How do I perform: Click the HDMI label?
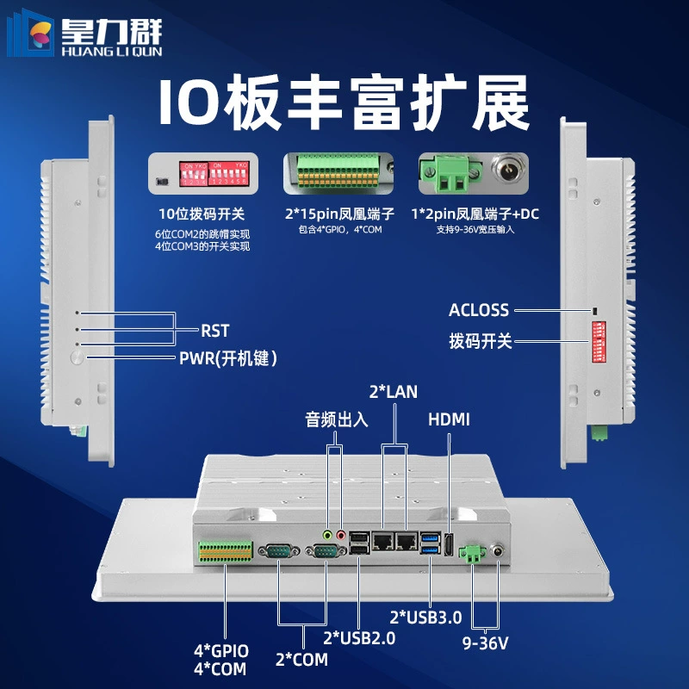point(449,419)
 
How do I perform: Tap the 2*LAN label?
point(394,392)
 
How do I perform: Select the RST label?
point(214,331)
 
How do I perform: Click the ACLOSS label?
point(479,310)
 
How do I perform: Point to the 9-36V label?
point(485,643)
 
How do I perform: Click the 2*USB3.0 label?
point(425,618)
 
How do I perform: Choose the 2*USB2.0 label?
point(359,638)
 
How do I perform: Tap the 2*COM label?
point(301,660)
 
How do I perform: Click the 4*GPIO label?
point(221,651)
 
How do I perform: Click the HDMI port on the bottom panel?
point(448,545)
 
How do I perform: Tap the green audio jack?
point(327,535)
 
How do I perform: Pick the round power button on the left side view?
point(78,357)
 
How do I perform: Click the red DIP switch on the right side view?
point(599,342)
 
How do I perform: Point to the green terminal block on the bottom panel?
point(226,551)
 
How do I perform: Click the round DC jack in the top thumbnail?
point(509,168)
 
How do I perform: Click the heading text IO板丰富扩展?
point(344,102)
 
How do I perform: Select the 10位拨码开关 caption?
point(202,214)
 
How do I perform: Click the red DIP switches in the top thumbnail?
point(214,174)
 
